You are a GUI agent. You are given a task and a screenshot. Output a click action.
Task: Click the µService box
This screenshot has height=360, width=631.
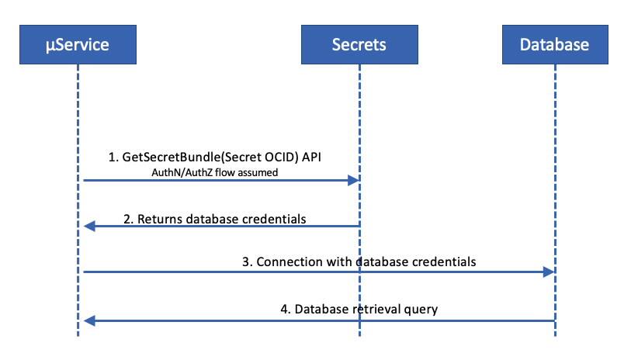coord(78,44)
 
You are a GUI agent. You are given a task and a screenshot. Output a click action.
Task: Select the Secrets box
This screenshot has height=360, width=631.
coord(359,44)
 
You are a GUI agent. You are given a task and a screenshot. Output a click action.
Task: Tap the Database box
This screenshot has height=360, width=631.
coord(554,44)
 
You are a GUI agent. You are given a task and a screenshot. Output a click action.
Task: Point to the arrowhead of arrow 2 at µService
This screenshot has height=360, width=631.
coord(88,226)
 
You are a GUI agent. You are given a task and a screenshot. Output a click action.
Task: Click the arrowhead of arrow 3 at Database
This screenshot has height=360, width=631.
coord(550,272)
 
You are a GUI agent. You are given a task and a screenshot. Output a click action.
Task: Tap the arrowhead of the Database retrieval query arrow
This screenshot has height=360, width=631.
coord(88,319)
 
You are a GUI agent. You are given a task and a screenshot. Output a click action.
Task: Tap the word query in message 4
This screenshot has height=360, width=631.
coord(420,309)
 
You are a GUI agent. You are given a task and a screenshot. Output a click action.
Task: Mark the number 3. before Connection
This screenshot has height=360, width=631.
coord(248,262)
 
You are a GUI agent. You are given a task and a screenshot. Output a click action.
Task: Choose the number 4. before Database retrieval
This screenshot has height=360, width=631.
coord(285,309)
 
